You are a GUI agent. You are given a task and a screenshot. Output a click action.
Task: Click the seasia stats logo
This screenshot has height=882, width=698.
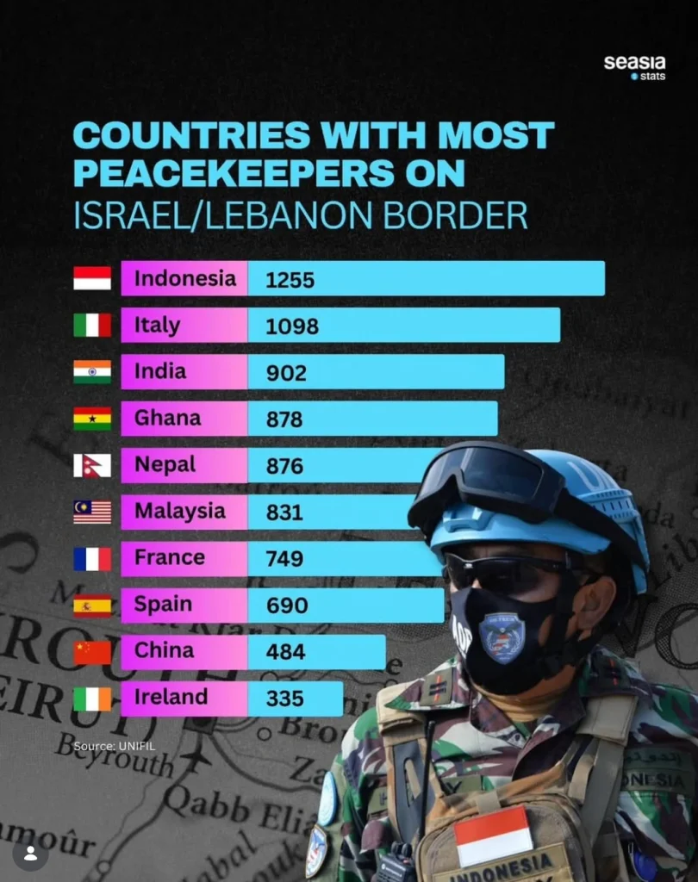(x=634, y=67)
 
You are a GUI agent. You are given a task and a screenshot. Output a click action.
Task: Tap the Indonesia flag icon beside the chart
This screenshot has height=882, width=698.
(x=92, y=278)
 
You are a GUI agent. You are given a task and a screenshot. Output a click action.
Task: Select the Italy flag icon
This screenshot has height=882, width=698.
(x=92, y=325)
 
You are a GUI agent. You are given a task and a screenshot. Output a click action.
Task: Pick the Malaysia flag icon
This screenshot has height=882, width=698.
(x=92, y=512)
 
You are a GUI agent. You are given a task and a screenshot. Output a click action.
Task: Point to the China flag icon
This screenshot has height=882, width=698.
(x=92, y=652)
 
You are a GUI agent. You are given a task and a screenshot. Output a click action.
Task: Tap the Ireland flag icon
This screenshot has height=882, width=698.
(x=92, y=699)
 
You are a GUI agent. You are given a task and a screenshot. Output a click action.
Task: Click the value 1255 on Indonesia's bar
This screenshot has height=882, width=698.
(x=290, y=280)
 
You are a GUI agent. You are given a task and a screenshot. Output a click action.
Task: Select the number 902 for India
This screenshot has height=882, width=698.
(x=286, y=373)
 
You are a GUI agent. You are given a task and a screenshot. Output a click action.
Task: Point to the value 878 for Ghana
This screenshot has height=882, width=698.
(x=284, y=419)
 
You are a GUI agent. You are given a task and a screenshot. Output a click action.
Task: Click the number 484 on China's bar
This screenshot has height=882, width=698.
(x=285, y=652)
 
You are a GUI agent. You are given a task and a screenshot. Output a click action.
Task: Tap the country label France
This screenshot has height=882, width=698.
(x=170, y=557)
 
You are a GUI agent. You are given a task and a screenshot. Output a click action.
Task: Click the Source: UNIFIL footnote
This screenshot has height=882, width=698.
(x=115, y=745)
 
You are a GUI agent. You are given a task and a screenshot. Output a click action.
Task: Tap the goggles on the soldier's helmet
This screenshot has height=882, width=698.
(x=483, y=482)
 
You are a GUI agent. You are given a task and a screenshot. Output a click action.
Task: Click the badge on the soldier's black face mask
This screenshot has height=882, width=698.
(x=502, y=636)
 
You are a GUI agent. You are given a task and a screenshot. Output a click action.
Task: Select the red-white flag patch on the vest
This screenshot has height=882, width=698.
(x=493, y=835)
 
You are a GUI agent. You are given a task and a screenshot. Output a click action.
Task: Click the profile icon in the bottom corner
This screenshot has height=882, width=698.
(x=30, y=854)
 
